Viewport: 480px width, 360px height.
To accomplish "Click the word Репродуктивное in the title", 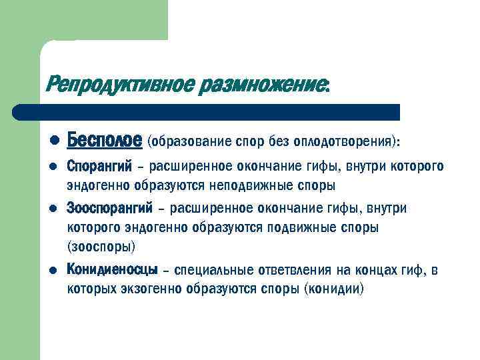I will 119,85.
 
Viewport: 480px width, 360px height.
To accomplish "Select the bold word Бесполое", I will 105,141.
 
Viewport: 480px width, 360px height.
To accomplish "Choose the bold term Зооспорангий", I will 110,209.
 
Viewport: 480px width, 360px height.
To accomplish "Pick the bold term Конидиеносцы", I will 113,270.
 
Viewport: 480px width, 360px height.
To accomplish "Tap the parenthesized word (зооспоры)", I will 101,246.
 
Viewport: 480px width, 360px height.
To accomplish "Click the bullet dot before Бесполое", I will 55,141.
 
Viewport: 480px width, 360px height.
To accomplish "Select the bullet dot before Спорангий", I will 55,167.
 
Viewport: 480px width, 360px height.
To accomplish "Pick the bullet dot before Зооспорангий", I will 55,209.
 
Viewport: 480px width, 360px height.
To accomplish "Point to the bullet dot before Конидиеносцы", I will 55,271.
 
